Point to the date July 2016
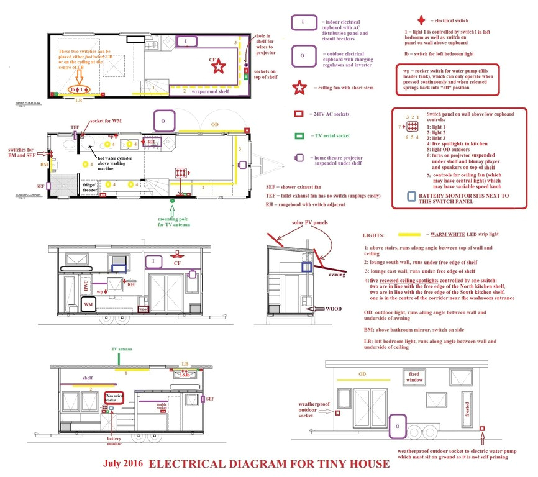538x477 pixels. point(122,464)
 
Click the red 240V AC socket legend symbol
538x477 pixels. point(299,114)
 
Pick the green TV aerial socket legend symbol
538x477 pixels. point(299,135)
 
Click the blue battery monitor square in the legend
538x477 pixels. point(411,196)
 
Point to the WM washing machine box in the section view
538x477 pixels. point(89,306)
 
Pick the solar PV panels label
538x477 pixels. point(302,223)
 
